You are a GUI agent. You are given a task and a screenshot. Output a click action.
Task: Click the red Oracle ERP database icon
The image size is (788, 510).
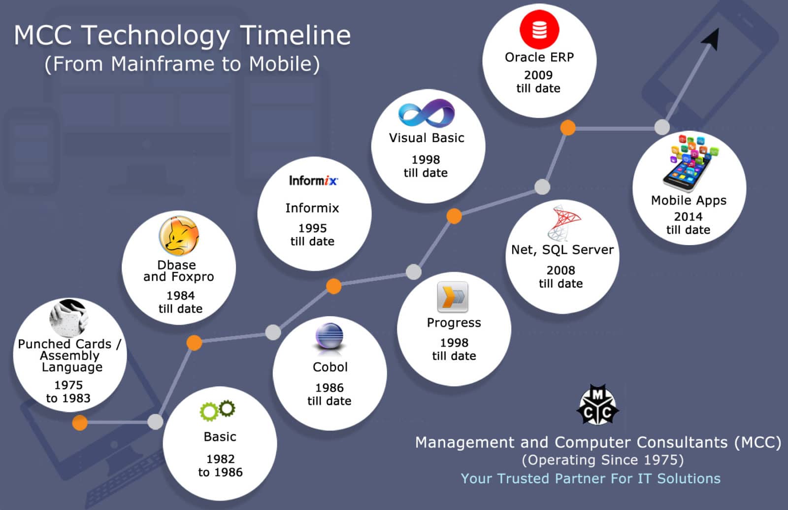pos(539,29)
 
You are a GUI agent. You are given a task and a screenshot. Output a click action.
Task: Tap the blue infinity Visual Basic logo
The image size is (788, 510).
pos(427,113)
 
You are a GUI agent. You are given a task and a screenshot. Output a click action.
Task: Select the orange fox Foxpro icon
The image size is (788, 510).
pos(179,235)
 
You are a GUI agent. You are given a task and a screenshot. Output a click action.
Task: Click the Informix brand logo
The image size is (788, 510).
pos(313,181)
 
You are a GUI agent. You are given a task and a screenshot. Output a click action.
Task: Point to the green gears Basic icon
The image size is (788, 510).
pos(217,410)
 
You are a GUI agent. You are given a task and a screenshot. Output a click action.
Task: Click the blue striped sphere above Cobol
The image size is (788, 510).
pos(329,337)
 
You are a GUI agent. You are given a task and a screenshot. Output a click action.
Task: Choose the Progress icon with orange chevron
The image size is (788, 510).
pos(453,297)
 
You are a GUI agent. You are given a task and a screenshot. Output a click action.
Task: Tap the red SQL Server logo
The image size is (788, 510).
pos(563,223)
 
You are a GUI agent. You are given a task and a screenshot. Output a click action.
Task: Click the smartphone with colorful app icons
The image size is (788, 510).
pos(689,163)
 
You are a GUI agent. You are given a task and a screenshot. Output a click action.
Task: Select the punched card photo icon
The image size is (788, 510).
pos(69,318)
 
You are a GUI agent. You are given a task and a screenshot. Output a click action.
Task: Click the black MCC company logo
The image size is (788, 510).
pos(598,404)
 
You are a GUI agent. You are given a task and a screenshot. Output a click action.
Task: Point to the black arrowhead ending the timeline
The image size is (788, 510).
pos(711,39)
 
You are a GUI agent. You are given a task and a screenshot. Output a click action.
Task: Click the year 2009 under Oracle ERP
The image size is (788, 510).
pos(538,75)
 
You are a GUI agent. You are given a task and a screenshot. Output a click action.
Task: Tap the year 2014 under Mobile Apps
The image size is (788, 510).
pos(688,217)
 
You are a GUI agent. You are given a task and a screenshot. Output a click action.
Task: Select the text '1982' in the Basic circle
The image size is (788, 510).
pos(220,459)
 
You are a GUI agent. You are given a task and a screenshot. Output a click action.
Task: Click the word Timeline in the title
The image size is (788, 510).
pos(295,35)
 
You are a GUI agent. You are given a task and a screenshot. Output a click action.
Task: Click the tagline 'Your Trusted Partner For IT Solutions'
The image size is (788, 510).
pos(591,478)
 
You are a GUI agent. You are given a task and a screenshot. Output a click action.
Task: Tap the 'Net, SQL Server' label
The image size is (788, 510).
pos(562,250)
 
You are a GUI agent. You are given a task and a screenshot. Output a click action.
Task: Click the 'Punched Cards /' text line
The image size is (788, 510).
pos(69,344)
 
